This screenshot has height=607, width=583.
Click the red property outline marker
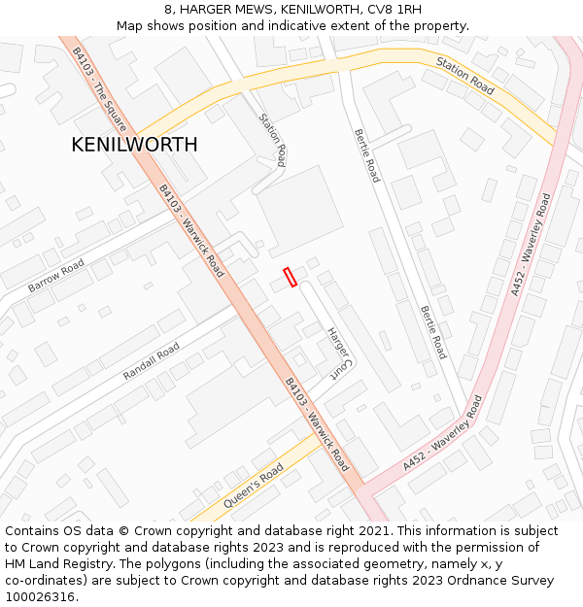click(290, 277)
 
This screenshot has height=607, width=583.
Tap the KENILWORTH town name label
click(134, 145)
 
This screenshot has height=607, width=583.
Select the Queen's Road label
click(254, 486)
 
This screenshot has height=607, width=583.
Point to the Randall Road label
click(152, 361)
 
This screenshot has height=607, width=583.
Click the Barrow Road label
click(56, 276)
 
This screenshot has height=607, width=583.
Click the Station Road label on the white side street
click(273, 139)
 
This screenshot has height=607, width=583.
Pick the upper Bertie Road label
click(366, 155)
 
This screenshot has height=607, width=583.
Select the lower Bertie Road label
click(432, 332)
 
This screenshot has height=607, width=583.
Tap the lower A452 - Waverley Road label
click(442, 433)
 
